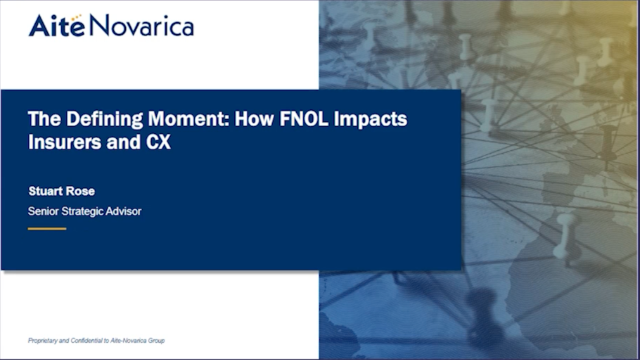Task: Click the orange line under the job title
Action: [46, 229]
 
